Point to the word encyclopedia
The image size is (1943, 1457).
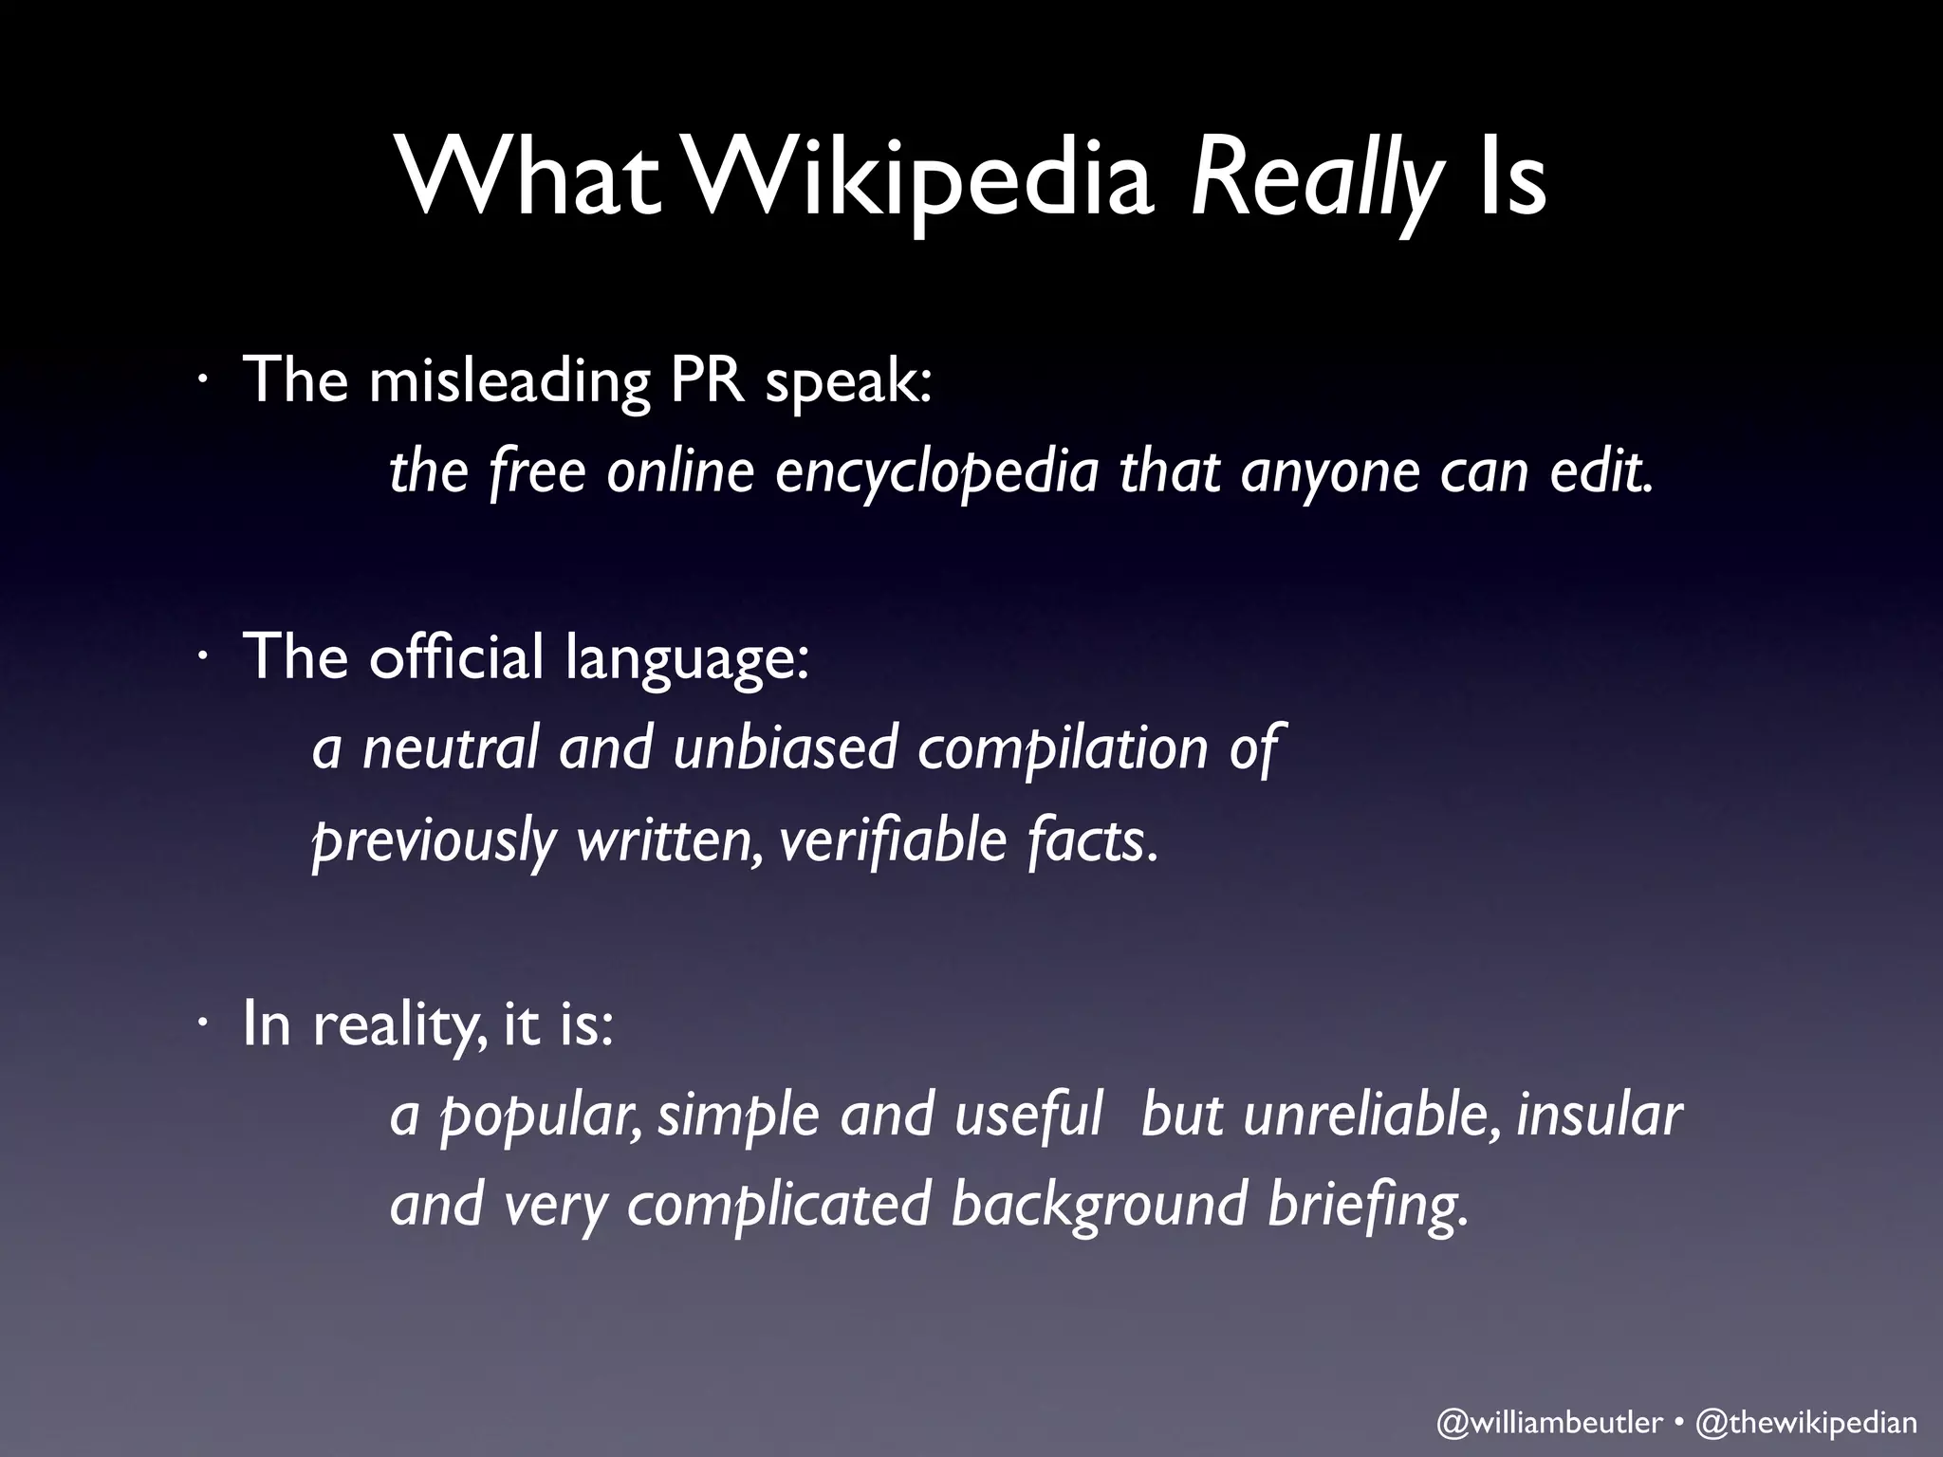[935, 471]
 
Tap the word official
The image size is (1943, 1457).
[456, 656]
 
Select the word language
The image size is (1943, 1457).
[687, 658]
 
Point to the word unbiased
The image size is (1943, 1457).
[785, 748]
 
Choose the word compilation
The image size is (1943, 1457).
[1064, 748]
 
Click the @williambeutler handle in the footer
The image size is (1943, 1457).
[1549, 1423]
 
